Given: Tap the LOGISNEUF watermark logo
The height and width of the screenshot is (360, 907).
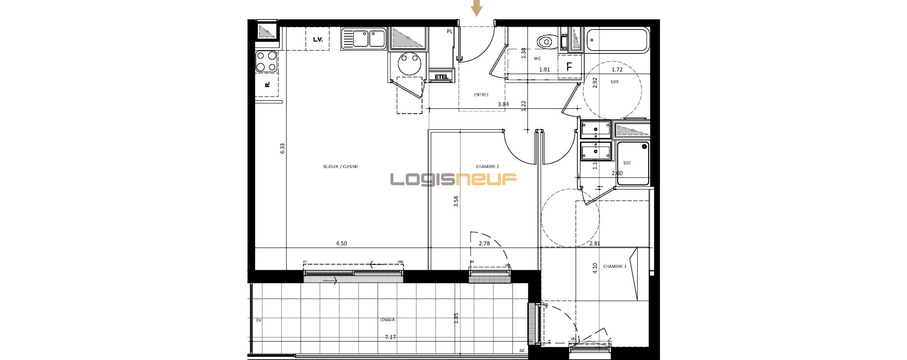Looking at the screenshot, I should pos(453,180).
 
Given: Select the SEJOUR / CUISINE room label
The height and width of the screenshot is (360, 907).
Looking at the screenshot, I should pos(340,167).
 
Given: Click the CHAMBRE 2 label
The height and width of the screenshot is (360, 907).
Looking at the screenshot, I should pos(487,167).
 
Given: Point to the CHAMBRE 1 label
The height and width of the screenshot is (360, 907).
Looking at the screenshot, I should pos(615,266).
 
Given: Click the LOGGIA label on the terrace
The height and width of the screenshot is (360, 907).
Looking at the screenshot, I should pos(387,320).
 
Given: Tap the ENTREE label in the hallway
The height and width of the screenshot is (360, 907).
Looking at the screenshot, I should pos(481,95).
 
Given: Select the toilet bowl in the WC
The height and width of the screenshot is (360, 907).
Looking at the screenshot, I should pos(545,42).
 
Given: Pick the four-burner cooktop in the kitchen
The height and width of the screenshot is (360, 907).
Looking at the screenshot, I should pos(266,62).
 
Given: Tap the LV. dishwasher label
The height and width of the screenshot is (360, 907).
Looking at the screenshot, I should pos(318,40).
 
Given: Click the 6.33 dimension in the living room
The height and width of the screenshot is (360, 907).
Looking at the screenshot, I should pos(282,148).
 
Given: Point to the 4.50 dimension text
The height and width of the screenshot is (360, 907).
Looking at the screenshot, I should pos(341,244).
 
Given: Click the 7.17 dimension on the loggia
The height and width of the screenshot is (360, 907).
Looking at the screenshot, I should pos(390,337).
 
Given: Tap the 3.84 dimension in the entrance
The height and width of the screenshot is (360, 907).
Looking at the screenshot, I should pos(503,104).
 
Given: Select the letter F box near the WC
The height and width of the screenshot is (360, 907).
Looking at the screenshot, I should pos(569,67).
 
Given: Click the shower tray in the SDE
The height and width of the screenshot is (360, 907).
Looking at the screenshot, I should pos(633,163).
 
